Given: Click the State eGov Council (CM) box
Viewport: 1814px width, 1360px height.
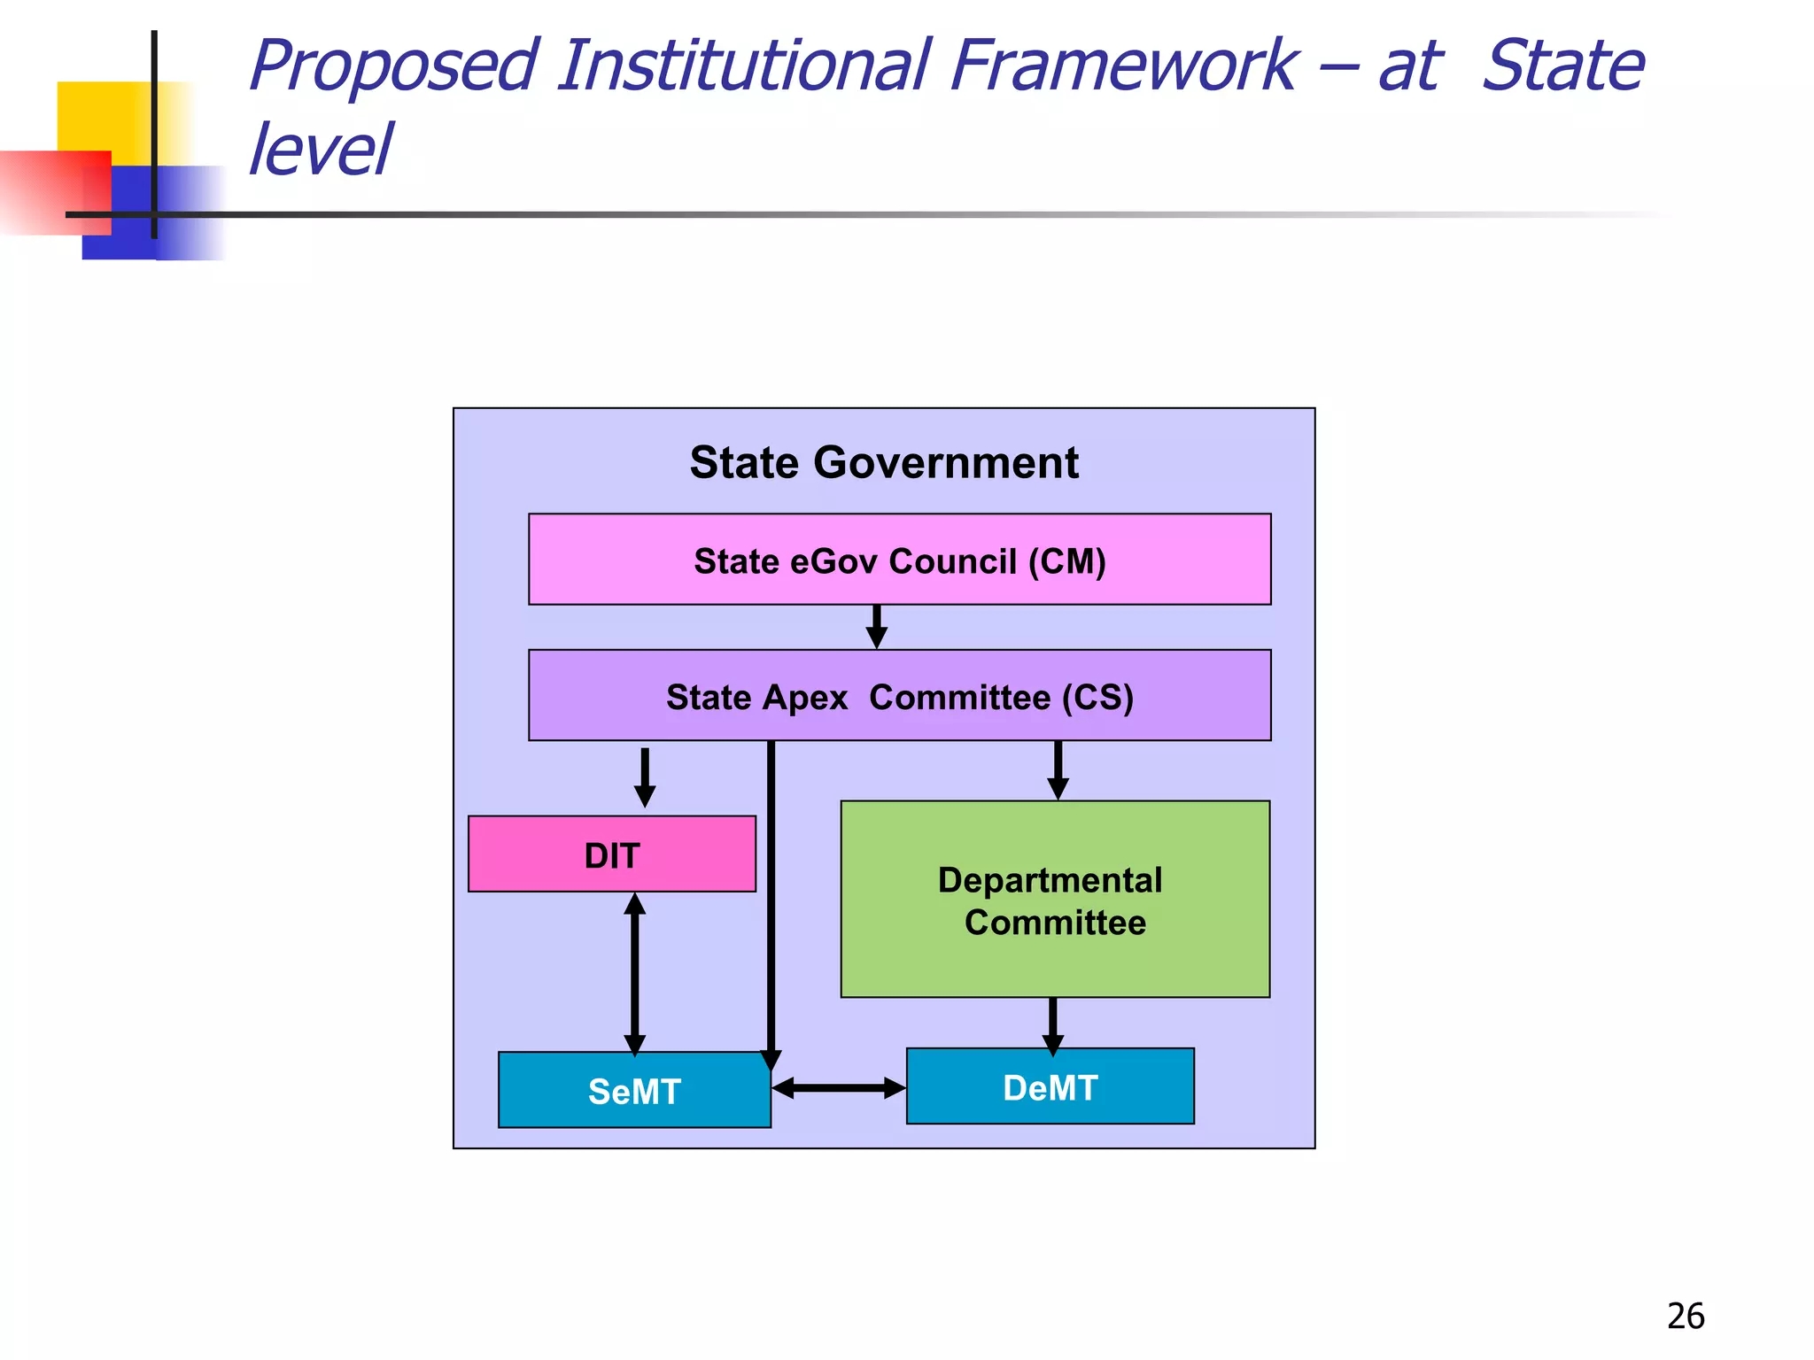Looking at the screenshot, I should pos(899,560).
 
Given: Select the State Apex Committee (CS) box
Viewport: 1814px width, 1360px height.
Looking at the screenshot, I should pos(899,696).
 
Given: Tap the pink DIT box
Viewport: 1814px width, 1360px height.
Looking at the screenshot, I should pos(611,854).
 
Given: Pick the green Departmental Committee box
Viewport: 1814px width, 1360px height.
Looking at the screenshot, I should pos(1054,900).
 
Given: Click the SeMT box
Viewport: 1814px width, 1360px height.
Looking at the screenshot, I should pos(634,1090).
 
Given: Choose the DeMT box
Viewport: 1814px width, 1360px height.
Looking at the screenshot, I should pos(1050,1086).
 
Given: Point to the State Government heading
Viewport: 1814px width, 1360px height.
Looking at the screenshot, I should pos(884,462).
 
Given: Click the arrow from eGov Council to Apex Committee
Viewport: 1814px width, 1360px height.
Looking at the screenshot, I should pos(877,627).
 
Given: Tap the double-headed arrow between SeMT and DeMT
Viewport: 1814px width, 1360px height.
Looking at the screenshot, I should pos(838,1088).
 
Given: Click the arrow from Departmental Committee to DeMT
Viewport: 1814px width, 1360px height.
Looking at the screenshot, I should pos(1052,1025).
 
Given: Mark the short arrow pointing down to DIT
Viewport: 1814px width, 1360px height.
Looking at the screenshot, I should pos(645,777).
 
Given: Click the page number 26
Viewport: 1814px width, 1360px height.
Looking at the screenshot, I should pos(1685,1317).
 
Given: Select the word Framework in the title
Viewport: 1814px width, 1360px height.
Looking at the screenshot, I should pos(1123,66).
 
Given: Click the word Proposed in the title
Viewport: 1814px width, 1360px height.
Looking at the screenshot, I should pos(393,66).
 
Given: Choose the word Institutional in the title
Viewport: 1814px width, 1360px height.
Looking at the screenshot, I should pos(744,66).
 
